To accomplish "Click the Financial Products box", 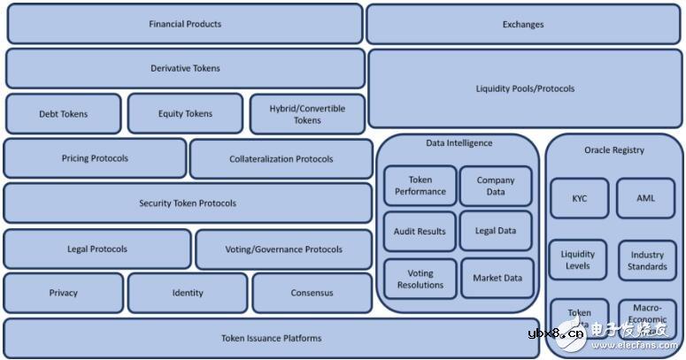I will coord(185,24).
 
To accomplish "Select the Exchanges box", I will coord(523,24).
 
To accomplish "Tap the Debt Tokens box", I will coord(64,114).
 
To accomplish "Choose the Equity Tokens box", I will coord(185,113).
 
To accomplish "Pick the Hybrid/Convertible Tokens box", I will coord(307,114).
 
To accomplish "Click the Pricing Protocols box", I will coord(95,158).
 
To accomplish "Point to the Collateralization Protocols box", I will coord(281,159).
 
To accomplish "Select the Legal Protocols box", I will coord(97,249).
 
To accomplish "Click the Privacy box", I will coord(64,293).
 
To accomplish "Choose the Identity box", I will coord(188,293).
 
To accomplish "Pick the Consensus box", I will coord(312,293).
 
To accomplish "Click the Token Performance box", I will coord(420,186).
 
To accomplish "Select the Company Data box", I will coord(496,186).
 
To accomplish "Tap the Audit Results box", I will coord(420,232).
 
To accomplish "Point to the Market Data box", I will coord(497,278).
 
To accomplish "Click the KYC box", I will coord(580,199).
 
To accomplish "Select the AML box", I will coord(646,199).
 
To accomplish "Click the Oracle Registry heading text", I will coord(614,150).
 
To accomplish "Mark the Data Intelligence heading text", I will coord(459,143).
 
